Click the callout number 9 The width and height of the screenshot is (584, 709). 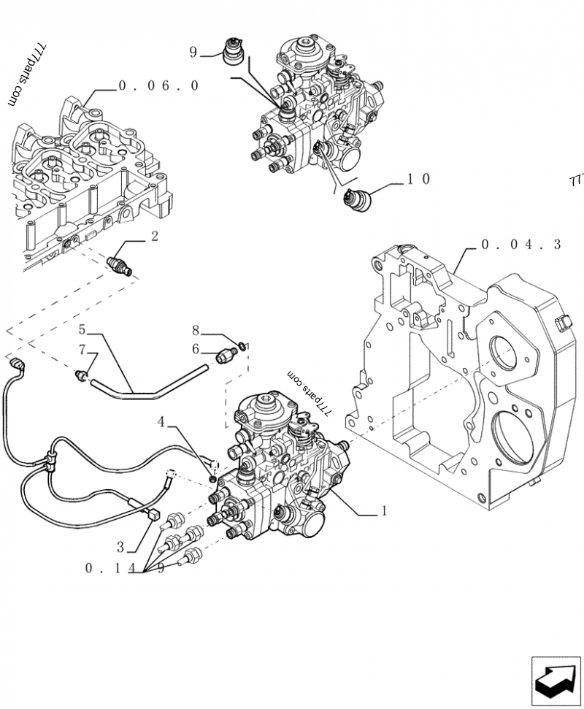193,52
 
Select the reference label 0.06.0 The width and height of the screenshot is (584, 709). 158,85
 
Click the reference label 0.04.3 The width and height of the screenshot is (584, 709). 521,245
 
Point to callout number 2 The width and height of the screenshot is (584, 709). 155,236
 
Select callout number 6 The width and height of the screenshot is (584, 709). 196,348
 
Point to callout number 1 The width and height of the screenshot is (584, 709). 384,511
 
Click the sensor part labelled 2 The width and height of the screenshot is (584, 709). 120,264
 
